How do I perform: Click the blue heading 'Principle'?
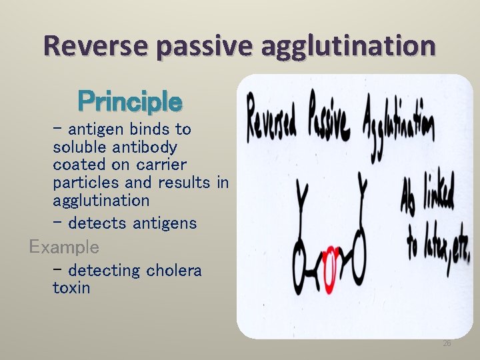tap(129, 102)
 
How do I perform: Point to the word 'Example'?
tap(64, 247)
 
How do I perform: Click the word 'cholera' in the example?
tap(174, 271)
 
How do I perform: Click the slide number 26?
tap(447, 343)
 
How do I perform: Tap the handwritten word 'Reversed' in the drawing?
tap(273, 120)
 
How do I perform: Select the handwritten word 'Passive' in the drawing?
tap(329, 120)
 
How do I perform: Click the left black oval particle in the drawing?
tap(303, 262)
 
